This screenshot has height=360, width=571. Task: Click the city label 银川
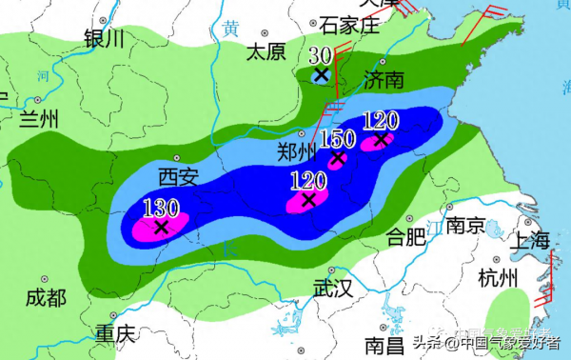[x=104, y=39]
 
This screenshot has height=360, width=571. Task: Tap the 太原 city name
[x=266, y=51]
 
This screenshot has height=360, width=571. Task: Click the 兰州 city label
[x=39, y=119]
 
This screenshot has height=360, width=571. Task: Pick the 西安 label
[x=181, y=175]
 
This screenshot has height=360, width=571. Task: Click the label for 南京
[x=465, y=227]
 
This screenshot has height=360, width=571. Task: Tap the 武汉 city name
[x=332, y=287]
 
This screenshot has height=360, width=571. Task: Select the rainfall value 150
[x=337, y=139]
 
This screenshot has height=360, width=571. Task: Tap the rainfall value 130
[x=161, y=207]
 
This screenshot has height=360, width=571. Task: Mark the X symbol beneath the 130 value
[x=162, y=227]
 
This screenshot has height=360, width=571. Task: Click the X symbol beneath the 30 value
[x=322, y=73]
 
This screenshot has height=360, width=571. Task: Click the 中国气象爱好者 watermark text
[x=504, y=343]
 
